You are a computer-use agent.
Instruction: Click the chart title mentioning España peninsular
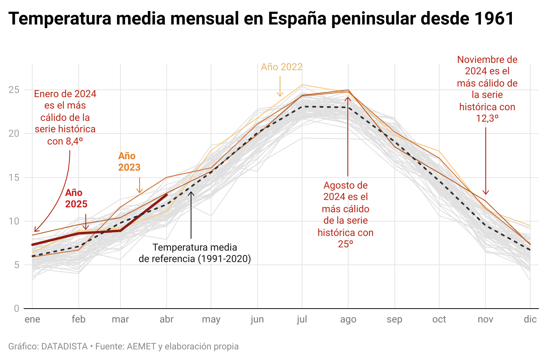click(x=261, y=19)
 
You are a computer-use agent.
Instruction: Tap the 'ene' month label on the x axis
click(x=32, y=319)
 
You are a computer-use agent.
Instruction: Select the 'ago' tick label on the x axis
click(x=348, y=319)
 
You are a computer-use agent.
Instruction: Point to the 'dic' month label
click(x=530, y=319)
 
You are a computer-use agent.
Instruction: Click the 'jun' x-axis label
click(x=257, y=319)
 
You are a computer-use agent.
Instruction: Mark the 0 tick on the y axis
click(x=17, y=309)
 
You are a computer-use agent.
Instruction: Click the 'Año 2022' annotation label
click(x=282, y=67)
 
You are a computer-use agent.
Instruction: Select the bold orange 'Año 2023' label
click(x=129, y=162)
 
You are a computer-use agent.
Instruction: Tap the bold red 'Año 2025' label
click(x=76, y=198)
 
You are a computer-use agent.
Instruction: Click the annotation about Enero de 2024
click(x=65, y=118)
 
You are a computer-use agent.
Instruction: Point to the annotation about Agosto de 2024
click(x=345, y=215)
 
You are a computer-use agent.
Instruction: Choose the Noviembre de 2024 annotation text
click(x=487, y=89)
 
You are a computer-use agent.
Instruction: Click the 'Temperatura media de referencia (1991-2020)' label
click(x=195, y=253)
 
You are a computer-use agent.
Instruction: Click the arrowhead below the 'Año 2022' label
click(x=280, y=96)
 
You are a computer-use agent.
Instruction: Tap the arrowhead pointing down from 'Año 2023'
click(x=140, y=192)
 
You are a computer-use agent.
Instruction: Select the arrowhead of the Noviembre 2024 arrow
click(x=485, y=193)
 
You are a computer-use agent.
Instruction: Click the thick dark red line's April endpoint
click(x=166, y=195)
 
